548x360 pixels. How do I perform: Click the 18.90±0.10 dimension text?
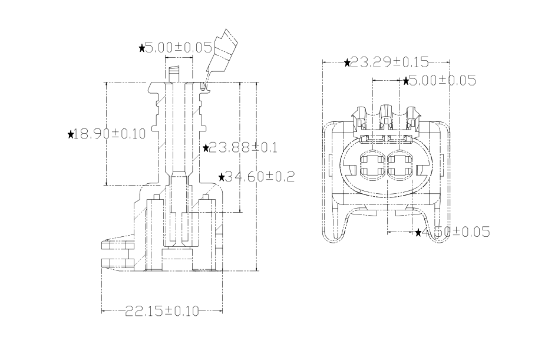coord(111,134)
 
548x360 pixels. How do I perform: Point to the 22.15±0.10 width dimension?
coord(162,311)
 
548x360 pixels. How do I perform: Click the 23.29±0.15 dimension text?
coord(389,62)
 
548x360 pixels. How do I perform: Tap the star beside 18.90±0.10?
coord(71,135)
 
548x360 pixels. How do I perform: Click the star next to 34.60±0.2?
coord(221,177)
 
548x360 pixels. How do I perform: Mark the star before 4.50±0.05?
coord(418,233)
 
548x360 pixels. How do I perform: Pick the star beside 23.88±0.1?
coord(206,148)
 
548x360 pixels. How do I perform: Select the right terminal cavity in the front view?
coord(401,164)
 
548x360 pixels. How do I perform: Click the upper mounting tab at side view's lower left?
coord(117,245)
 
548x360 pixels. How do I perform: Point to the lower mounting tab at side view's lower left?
coord(117,262)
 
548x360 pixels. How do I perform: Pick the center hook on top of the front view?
coord(387,114)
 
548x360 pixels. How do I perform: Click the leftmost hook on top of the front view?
coord(361,116)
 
